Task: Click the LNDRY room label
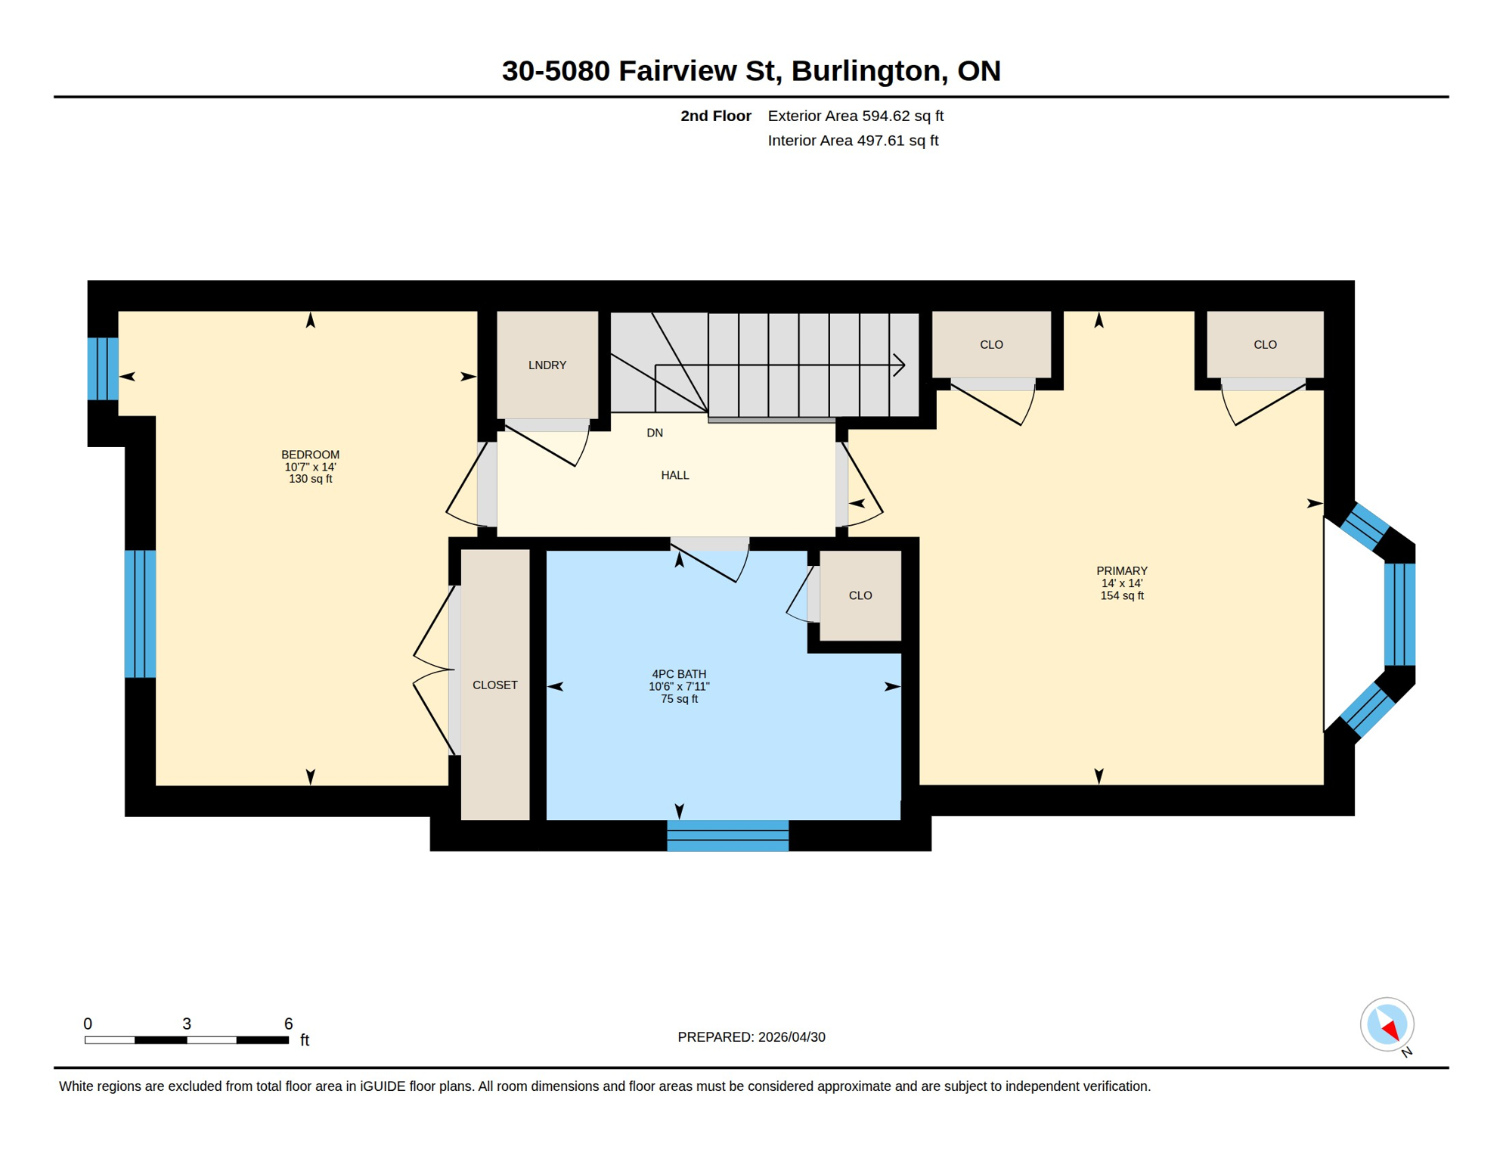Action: click(x=547, y=365)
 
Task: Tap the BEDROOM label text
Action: click(x=310, y=455)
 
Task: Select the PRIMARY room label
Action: click(x=1121, y=571)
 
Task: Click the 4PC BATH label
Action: click(x=679, y=674)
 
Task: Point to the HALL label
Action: click(x=674, y=475)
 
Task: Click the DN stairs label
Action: click(x=655, y=433)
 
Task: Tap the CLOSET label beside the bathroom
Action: click(x=494, y=685)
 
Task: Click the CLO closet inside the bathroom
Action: click(x=860, y=595)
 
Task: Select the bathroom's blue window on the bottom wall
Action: click(x=727, y=835)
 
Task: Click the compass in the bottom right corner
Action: click(x=1387, y=1024)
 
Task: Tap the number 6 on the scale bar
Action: click(x=288, y=1024)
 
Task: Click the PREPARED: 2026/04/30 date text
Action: click(x=751, y=1037)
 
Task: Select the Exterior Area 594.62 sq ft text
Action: click(x=855, y=116)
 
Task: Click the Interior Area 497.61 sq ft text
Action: click(x=852, y=141)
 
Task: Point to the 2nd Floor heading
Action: click(x=715, y=116)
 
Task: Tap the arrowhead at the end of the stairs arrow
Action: click(x=900, y=365)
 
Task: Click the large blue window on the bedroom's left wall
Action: click(x=140, y=614)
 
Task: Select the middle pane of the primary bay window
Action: click(x=1399, y=614)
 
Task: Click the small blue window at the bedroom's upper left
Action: click(x=103, y=368)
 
